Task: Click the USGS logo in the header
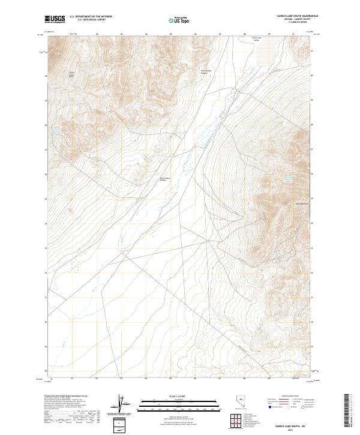[x=55, y=19]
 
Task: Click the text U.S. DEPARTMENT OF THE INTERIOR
[x=91, y=17]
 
